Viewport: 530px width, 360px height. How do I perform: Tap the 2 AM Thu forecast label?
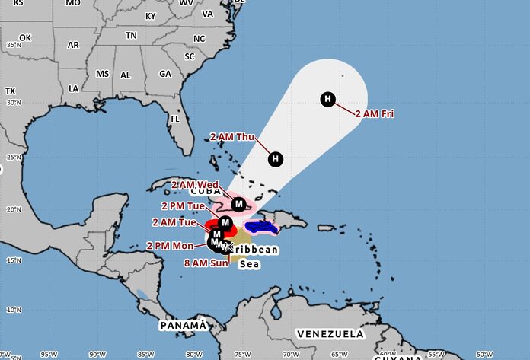click(x=232, y=137)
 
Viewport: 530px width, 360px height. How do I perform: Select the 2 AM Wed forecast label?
click(x=195, y=185)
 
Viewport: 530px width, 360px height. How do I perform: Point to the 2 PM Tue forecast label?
click(x=183, y=205)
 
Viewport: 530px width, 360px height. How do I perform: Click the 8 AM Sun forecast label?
click(x=206, y=263)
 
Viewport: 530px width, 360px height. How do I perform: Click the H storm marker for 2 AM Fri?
click(x=327, y=98)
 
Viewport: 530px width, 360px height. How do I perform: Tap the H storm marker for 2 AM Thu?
click(x=276, y=158)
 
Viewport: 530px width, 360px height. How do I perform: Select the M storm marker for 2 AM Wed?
click(x=239, y=204)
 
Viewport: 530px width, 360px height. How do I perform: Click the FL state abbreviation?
click(x=174, y=119)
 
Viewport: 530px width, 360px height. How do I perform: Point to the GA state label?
click(x=165, y=74)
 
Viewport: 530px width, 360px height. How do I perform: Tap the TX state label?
click(x=10, y=91)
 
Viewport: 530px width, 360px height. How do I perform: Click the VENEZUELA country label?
click(x=330, y=334)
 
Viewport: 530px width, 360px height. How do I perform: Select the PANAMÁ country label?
click(x=183, y=325)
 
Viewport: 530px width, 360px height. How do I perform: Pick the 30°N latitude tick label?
click(x=13, y=103)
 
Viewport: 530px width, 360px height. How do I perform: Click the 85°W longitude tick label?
click(x=145, y=354)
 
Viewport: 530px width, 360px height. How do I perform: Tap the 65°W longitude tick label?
click(x=339, y=354)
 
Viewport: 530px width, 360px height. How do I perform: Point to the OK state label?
click(x=25, y=37)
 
